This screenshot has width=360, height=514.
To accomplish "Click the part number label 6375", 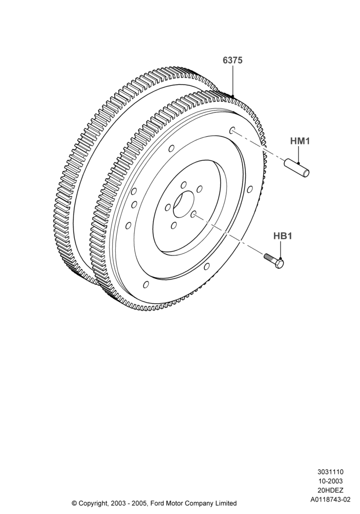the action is [232, 60].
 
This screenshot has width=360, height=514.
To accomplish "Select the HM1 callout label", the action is [300, 141].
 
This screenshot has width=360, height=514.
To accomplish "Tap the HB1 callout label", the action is [283, 236].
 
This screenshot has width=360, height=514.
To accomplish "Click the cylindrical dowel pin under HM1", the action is [296, 168].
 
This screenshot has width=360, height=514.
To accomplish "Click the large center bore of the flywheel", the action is [184, 205].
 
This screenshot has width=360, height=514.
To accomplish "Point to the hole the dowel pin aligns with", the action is [232, 130].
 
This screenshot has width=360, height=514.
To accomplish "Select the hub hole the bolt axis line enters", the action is [193, 214].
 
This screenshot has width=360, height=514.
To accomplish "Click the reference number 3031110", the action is [330, 472].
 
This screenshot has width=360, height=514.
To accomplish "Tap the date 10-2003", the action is [330, 481].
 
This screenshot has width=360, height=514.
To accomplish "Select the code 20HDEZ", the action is [330, 490].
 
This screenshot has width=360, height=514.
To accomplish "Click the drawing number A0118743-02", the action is [330, 500].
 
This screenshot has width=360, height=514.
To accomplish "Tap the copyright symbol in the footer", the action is [74, 503].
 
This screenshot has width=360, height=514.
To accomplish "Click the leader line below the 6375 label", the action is [233, 81].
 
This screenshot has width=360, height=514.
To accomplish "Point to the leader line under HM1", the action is [299, 155].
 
